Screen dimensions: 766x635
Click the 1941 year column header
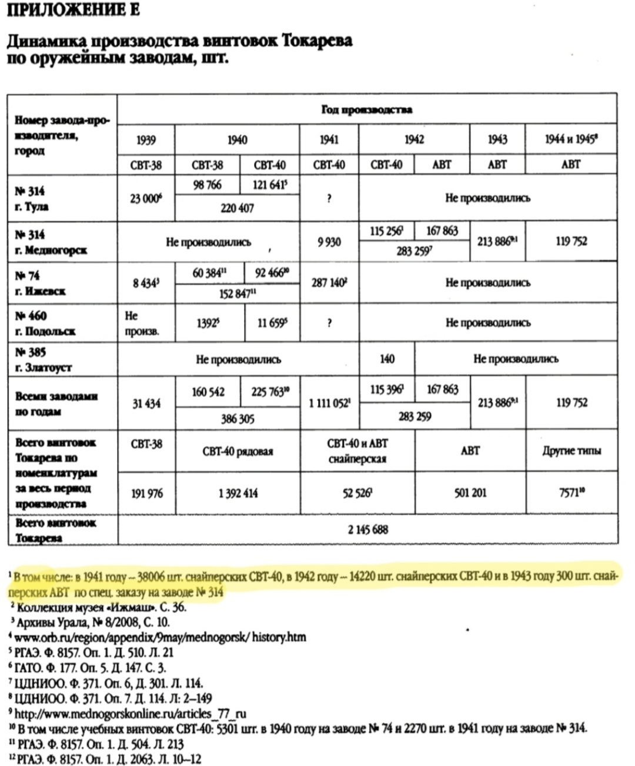(x=329, y=140)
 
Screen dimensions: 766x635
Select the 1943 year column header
(x=497, y=140)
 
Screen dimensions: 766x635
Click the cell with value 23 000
(x=145, y=199)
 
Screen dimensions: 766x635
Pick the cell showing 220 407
(x=237, y=208)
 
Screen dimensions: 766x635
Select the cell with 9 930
(x=329, y=242)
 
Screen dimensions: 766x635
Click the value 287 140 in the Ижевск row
(x=329, y=283)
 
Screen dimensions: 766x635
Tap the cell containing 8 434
(x=145, y=283)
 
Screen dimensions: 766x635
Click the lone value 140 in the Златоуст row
(x=386, y=359)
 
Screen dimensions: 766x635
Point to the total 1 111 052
(x=329, y=403)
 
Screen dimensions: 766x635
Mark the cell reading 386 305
(x=237, y=419)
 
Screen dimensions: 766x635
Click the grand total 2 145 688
(x=367, y=530)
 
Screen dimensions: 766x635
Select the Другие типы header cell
(x=571, y=451)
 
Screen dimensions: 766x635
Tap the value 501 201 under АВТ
(x=470, y=493)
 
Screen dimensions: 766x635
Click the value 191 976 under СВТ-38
(x=146, y=493)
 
